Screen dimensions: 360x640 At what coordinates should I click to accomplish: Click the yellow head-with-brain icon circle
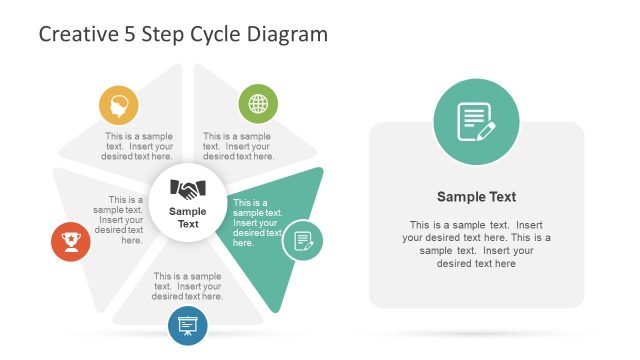coord(119,104)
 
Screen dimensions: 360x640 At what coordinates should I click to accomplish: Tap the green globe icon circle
coord(258,103)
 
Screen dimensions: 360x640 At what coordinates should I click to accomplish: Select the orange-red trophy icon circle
coord(70,240)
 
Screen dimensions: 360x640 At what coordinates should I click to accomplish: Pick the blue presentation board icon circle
coord(188,325)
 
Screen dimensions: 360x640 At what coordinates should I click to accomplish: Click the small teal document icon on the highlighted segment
coord(302,240)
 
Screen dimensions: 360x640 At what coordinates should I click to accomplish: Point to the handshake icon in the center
coord(188,188)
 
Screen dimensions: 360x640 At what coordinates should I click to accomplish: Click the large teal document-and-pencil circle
coord(476,122)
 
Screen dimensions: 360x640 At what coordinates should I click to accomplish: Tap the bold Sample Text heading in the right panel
coord(476,197)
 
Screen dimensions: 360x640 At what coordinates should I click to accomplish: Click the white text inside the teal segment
coord(257,222)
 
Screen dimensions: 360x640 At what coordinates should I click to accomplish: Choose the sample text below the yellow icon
coord(139,146)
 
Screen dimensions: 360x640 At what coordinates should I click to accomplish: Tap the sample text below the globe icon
coord(238,146)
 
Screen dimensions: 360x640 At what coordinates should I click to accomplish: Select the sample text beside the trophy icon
coord(119,219)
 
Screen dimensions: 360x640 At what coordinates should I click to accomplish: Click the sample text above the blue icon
coord(188,286)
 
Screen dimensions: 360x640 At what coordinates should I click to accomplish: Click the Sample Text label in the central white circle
coord(188,217)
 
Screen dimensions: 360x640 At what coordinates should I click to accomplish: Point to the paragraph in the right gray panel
coord(476,244)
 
